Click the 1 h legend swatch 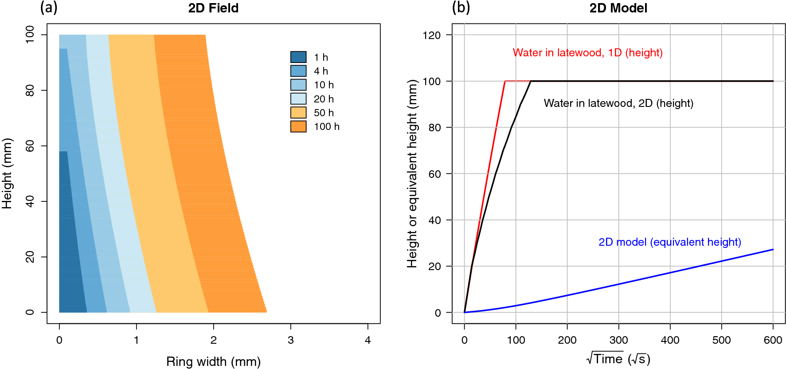(298, 57)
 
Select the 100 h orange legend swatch (298, 126)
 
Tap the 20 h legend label (324, 99)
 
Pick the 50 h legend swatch (298, 113)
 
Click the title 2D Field (213, 8)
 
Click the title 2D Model (618, 8)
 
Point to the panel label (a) (49, 8)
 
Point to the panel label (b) (461, 8)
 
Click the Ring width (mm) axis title (213, 361)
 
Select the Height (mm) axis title (7, 173)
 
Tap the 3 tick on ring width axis (290, 340)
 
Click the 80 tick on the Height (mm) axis (30, 90)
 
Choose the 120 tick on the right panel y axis (431, 35)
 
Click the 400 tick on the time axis (670, 340)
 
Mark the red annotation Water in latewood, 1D (587, 53)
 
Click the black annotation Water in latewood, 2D (618, 103)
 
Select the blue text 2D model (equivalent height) (669, 242)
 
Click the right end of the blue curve (773, 250)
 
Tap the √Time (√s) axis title (618, 359)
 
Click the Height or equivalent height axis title (412, 173)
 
